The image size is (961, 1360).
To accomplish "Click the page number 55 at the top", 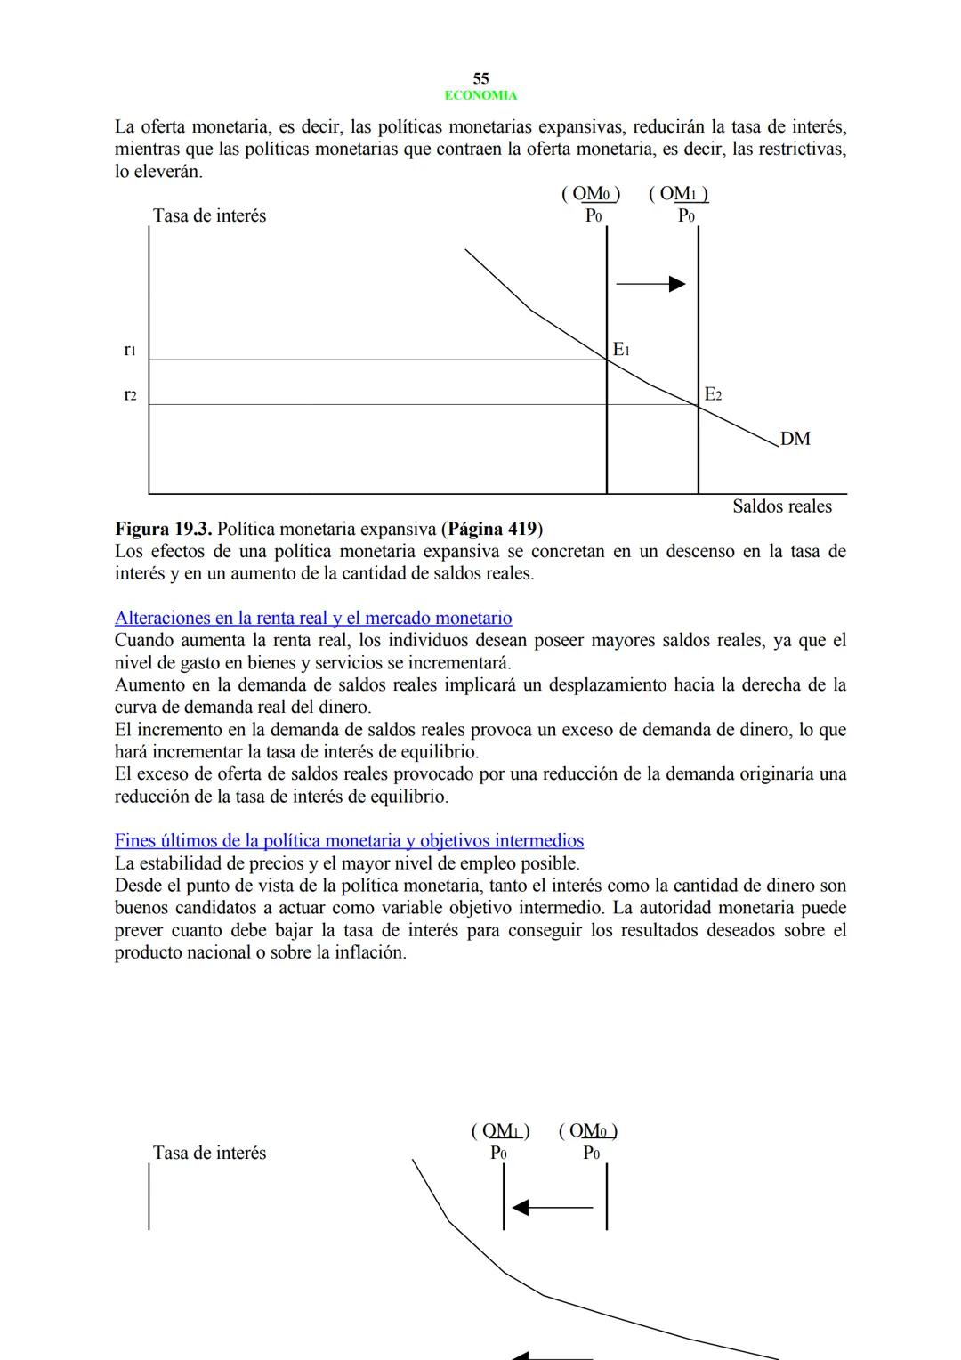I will (x=480, y=78).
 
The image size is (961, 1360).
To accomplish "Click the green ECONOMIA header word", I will (x=480, y=95).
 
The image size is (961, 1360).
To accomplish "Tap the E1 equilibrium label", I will (x=621, y=350).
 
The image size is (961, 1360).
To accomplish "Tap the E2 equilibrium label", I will (x=713, y=394).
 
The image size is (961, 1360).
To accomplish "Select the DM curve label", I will (x=795, y=439).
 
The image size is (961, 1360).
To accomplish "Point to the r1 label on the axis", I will (x=130, y=350).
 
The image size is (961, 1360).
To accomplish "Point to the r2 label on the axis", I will (x=130, y=394).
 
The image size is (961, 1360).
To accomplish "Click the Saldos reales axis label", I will (x=781, y=506).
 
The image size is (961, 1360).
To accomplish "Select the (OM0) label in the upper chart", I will (x=591, y=194).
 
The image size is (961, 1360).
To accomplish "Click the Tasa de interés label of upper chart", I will (x=209, y=215).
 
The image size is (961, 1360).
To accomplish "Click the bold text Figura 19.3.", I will (x=163, y=529).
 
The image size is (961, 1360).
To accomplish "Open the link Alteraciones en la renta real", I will (x=313, y=618).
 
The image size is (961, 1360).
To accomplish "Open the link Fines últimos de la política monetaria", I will (x=349, y=840).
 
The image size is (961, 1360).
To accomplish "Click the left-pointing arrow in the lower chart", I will (x=553, y=1208).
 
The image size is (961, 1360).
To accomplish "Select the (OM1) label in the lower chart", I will (x=500, y=1131).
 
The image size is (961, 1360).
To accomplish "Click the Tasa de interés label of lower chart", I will (x=209, y=1153).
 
